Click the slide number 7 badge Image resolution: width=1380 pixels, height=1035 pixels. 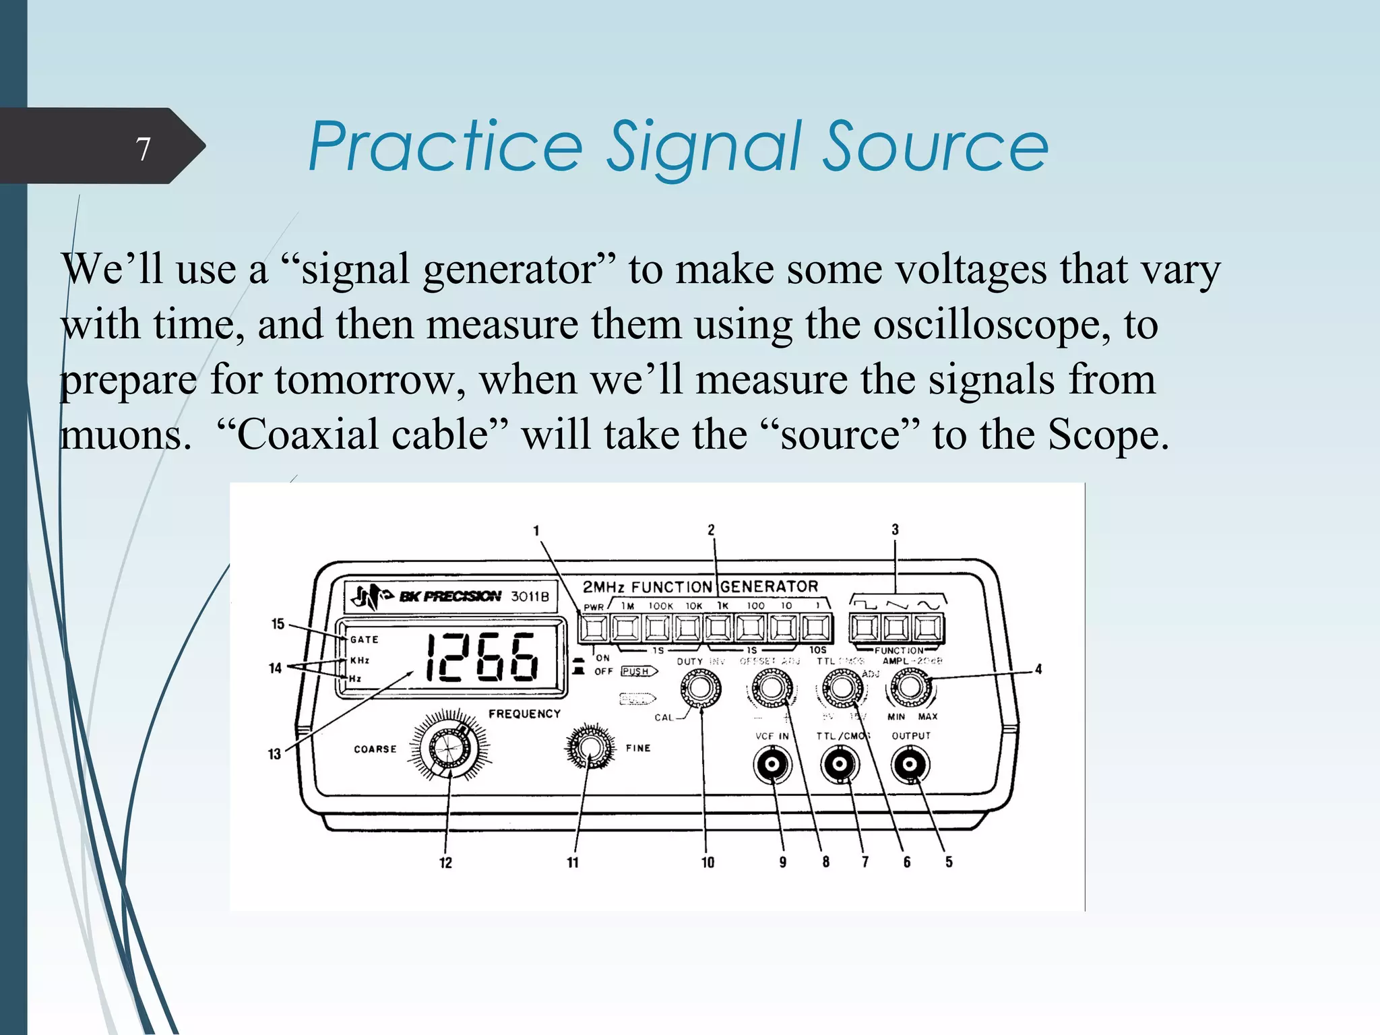143,148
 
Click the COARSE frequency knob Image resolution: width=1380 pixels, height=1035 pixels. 448,746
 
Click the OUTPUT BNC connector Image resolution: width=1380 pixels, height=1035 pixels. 910,764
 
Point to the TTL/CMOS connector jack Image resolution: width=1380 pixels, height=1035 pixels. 840,764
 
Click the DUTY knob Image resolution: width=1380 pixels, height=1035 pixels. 701,689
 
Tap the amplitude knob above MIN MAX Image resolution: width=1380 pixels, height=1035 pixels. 910,687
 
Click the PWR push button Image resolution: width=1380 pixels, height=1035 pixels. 594,628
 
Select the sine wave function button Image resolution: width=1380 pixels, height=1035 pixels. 928,628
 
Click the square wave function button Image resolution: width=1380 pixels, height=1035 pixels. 864,628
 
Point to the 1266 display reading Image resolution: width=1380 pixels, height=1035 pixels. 482,657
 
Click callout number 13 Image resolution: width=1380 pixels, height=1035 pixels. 274,754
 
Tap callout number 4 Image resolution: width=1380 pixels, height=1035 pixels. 1038,669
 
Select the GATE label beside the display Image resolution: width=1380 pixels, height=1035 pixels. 364,639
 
